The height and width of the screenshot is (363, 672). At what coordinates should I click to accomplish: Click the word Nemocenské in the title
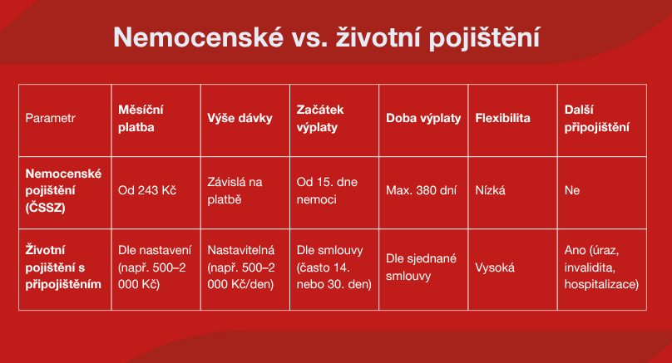(x=199, y=37)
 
